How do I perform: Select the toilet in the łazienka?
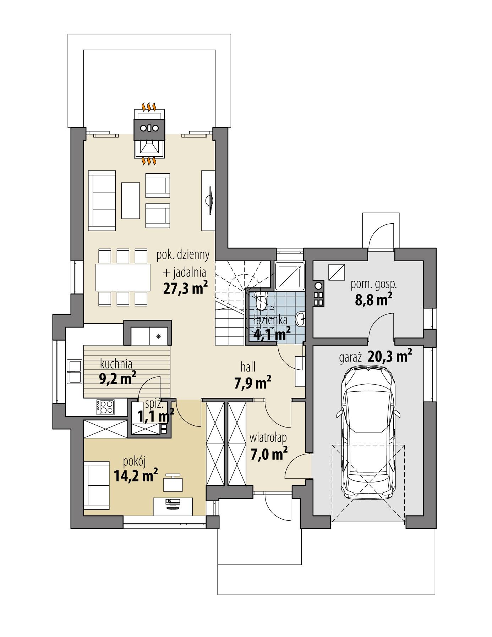tap(261, 300)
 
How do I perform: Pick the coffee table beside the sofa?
tap(130, 200)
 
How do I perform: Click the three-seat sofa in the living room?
tap(102, 200)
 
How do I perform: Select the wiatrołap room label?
tap(268, 437)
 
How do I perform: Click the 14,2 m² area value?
tap(136, 476)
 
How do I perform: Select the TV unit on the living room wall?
tap(208, 200)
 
